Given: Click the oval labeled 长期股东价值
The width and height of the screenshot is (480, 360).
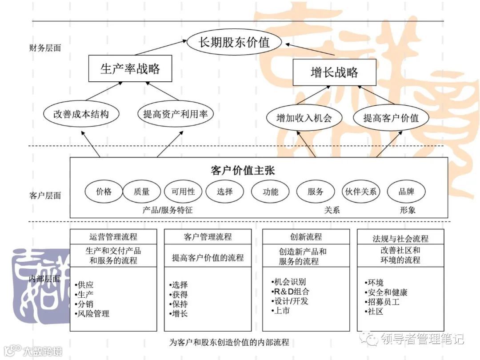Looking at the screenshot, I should pyautogui.click(x=234, y=43).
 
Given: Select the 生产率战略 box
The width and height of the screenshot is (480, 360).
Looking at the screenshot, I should pyautogui.click(x=130, y=69).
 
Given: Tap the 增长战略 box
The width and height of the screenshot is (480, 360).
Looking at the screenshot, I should pyautogui.click(x=334, y=72).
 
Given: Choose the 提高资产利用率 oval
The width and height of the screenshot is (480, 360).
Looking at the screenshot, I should pyautogui.click(x=175, y=114).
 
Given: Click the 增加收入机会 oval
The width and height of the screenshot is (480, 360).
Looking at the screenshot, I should pyautogui.click(x=304, y=118).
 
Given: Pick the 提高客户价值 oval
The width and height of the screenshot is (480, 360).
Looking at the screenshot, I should pyautogui.click(x=391, y=118).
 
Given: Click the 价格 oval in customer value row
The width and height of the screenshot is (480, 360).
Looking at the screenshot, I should pyautogui.click(x=104, y=192).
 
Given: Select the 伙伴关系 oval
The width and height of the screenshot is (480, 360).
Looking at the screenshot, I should pyautogui.click(x=361, y=192).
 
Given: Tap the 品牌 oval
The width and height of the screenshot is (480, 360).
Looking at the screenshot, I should pyautogui.click(x=406, y=192).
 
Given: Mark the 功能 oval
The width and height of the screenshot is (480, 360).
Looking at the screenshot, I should pyautogui.click(x=271, y=192).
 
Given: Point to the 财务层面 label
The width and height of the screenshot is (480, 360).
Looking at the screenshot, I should pyautogui.click(x=45, y=48).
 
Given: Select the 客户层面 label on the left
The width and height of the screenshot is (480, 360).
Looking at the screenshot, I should pyautogui.click(x=45, y=196).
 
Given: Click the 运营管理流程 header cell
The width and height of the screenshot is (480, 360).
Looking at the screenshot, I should pyautogui.click(x=113, y=236).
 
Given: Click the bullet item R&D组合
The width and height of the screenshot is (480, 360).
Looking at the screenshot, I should pyautogui.click(x=292, y=292).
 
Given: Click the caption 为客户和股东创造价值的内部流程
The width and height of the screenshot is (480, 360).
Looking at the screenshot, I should pyautogui.click(x=229, y=343).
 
